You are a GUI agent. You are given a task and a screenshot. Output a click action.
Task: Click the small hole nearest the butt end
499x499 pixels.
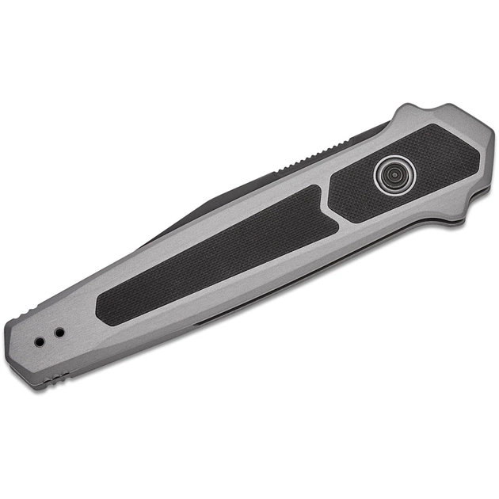coord(40,341)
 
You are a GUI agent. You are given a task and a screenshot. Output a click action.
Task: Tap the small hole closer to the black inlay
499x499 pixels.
coord(59,333)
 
